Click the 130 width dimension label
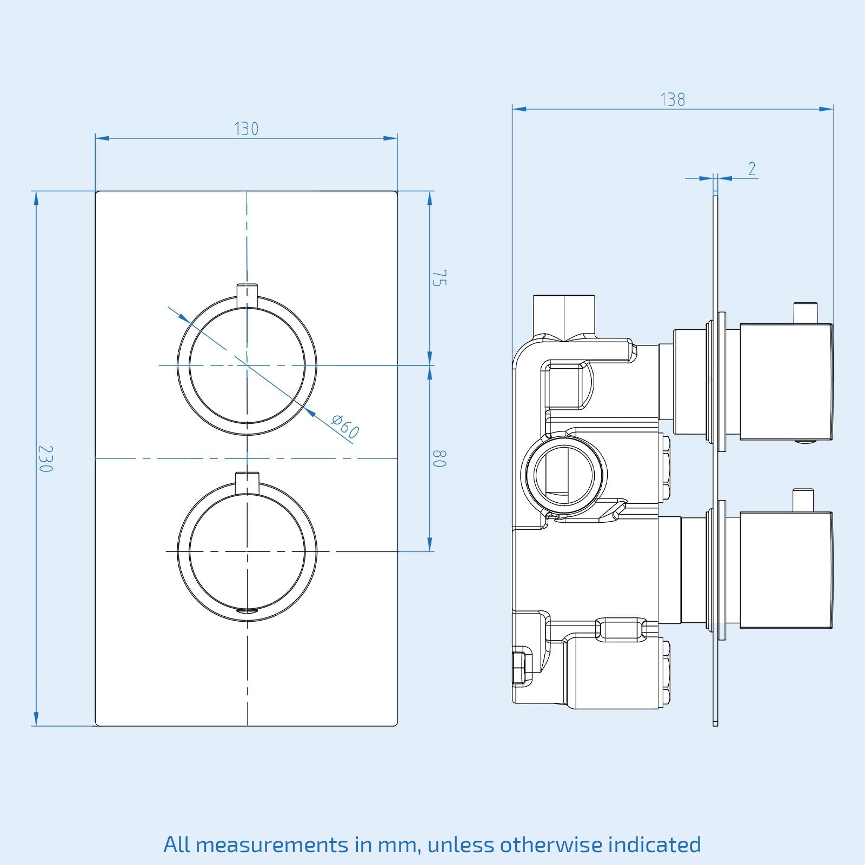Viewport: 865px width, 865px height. [246, 129]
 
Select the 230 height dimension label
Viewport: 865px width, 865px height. [45, 458]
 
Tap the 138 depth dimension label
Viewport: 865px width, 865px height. [673, 100]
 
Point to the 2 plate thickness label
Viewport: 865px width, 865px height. [752, 169]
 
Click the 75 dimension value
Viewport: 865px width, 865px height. [439, 278]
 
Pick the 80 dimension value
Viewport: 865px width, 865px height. [439, 458]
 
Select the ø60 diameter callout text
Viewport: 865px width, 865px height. [345, 427]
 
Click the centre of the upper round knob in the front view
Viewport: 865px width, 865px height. [247, 365]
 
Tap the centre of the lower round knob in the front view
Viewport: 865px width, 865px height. [247, 551]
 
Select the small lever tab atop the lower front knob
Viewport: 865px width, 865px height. [247, 481]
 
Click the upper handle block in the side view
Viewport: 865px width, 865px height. [786, 381]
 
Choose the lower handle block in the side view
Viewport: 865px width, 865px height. [786, 570]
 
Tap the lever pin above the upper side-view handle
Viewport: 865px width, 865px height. [804, 312]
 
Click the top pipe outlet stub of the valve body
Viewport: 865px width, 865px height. [564, 316]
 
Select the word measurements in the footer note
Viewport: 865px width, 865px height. [271, 844]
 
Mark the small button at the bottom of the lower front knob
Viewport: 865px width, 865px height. [247, 610]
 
